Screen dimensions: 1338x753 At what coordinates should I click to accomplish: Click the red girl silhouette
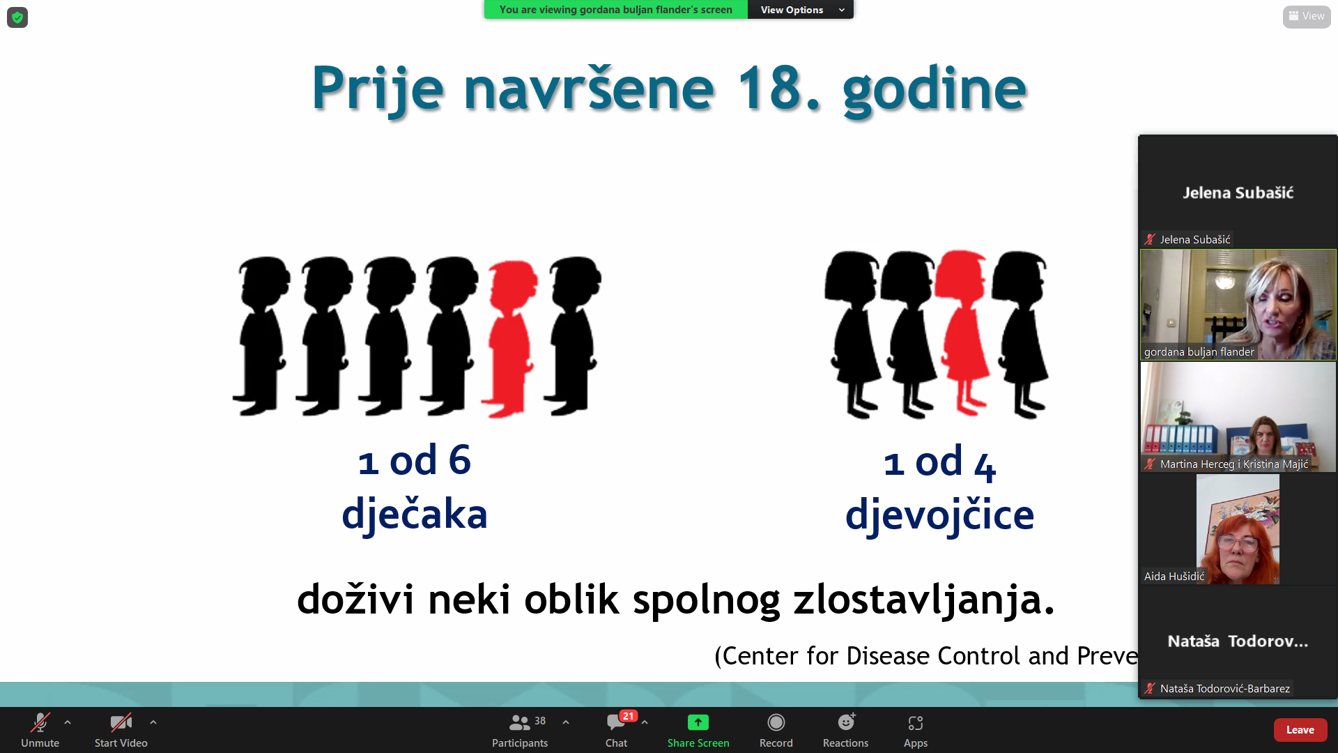point(963,333)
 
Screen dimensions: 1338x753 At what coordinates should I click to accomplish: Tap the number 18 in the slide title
point(769,89)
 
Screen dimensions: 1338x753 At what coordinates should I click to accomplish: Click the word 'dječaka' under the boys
point(415,515)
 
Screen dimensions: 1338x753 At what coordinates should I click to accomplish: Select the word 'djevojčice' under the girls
point(939,515)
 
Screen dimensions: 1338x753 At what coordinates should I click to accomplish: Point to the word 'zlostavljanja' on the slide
point(924,600)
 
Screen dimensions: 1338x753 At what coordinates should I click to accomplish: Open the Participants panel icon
point(520,722)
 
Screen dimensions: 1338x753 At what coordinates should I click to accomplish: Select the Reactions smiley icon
point(846,722)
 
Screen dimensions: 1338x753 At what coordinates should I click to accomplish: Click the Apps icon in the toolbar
point(916,723)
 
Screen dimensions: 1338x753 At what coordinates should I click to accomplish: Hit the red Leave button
point(1300,730)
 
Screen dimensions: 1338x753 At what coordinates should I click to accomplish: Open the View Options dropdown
point(801,10)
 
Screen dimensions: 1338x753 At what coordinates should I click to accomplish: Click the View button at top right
point(1307,16)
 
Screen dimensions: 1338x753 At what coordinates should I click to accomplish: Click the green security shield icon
point(17,17)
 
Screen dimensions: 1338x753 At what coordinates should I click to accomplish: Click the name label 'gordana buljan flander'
point(1199,352)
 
